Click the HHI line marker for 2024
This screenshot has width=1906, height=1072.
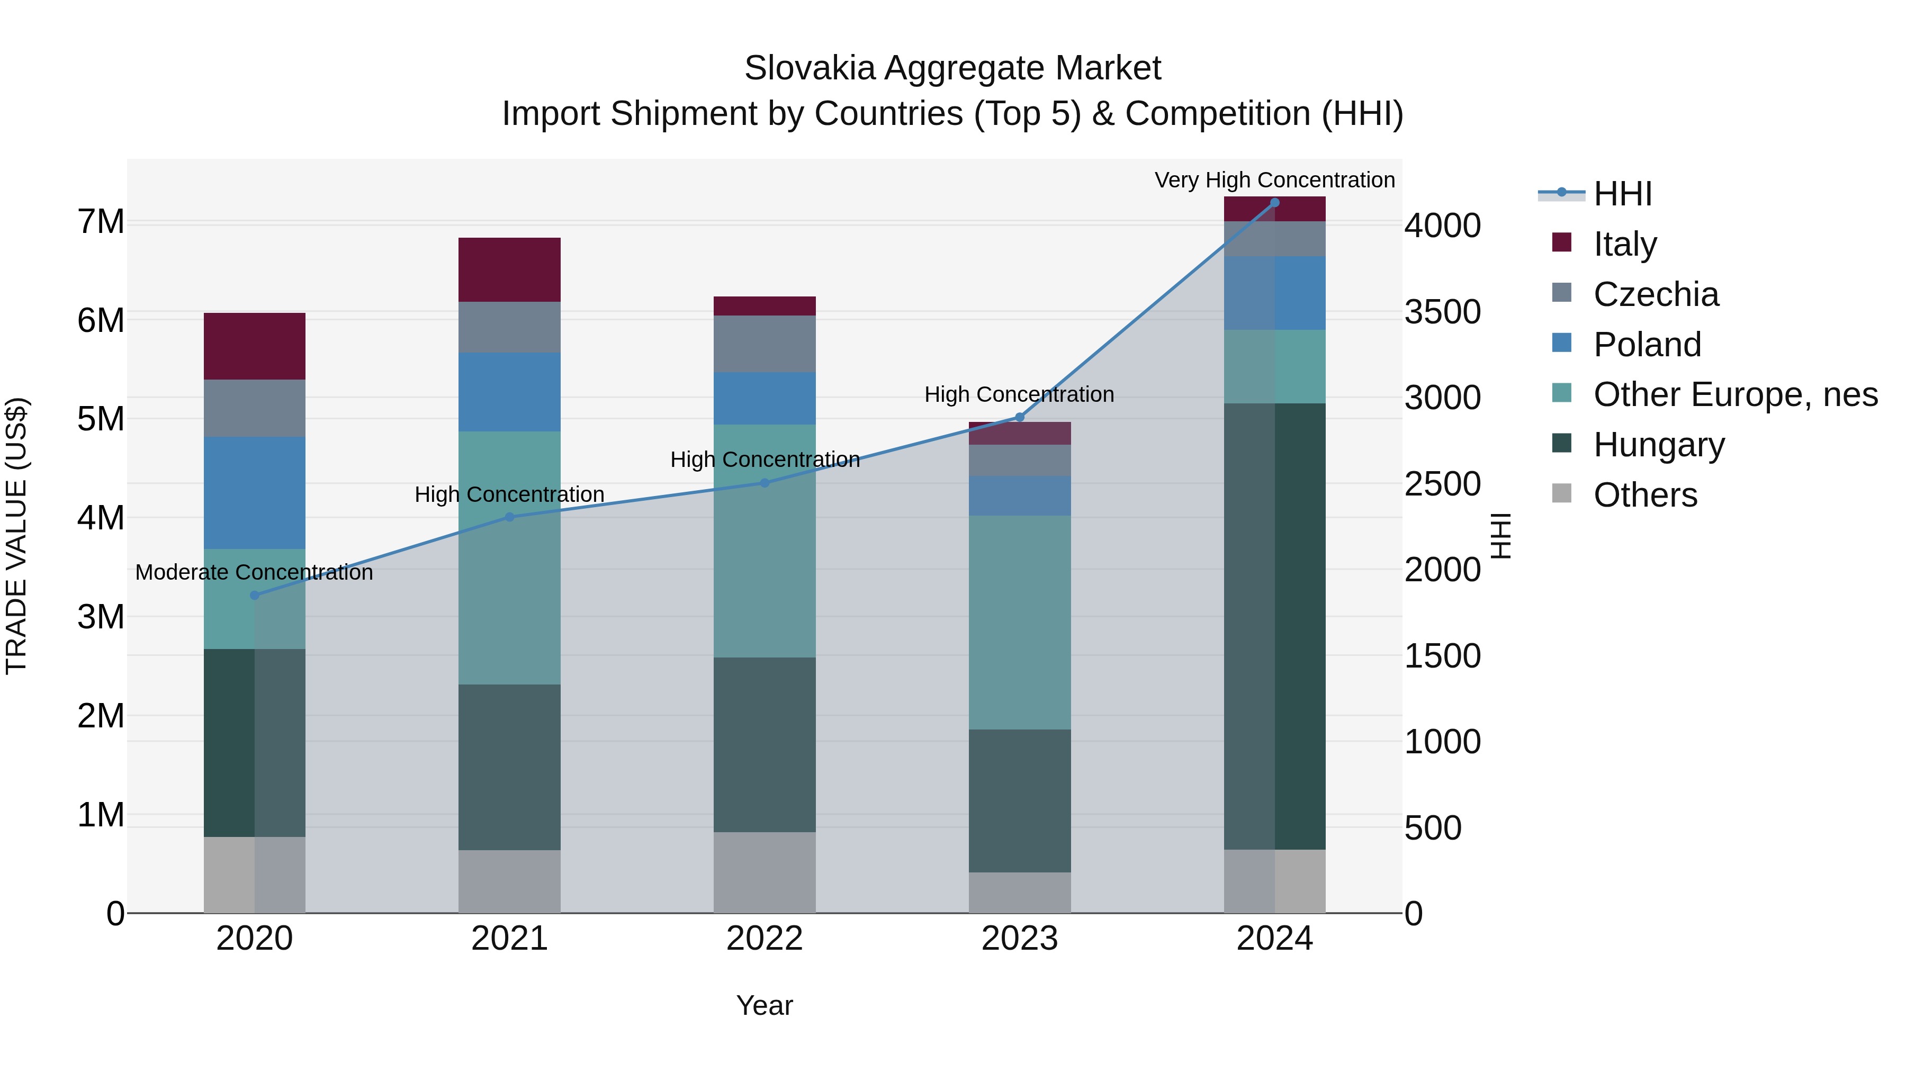pyautogui.click(x=1274, y=203)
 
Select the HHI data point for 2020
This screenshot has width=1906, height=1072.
pyautogui.click(x=255, y=595)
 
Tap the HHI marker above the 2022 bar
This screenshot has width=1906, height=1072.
pyautogui.click(x=765, y=483)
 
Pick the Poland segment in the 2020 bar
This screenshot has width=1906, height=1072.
pyautogui.click(x=255, y=493)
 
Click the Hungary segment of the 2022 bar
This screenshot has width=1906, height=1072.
pyautogui.click(x=765, y=744)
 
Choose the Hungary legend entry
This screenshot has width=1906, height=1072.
pyautogui.click(x=1658, y=445)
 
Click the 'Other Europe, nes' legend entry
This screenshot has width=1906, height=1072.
pyautogui.click(x=1735, y=394)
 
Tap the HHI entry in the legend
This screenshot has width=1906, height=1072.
pyautogui.click(x=1622, y=194)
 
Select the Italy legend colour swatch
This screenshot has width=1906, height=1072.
pyautogui.click(x=1561, y=242)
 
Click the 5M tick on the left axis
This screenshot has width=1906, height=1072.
pyautogui.click(x=101, y=419)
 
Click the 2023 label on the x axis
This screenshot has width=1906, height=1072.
pyautogui.click(x=1020, y=939)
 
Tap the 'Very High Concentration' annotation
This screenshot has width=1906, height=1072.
pyautogui.click(x=1274, y=180)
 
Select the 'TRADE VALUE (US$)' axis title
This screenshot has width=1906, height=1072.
pyautogui.click(x=16, y=536)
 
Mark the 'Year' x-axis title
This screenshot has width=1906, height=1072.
pyautogui.click(x=765, y=1005)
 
